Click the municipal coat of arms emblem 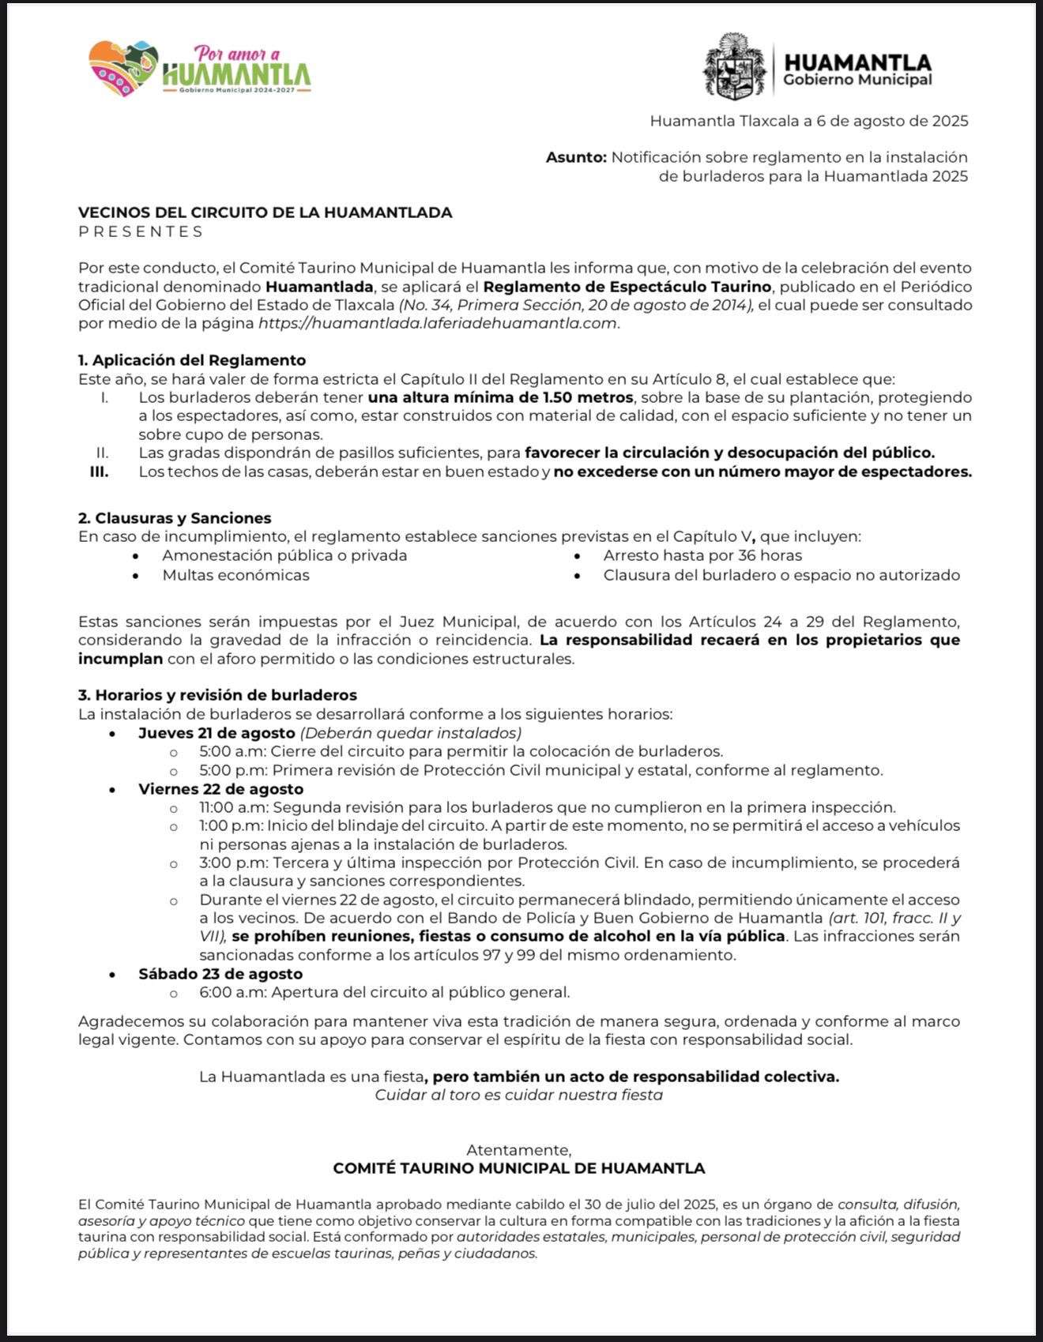pos(735,66)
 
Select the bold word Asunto pos(576,157)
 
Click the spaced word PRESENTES pos(141,231)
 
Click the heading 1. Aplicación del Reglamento pos(192,360)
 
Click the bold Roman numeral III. pos(99,472)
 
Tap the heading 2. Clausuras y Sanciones pos(175,518)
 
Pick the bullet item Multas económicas pos(235,575)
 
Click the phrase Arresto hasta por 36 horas pos(702,555)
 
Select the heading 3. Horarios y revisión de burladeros pos(217,695)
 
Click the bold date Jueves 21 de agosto pos(217,732)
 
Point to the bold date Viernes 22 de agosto pos(220,789)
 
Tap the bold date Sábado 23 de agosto pos(220,974)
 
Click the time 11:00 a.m pos(233,807)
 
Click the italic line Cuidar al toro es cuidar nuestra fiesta pos(518,1095)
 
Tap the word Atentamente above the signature pos(518,1149)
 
